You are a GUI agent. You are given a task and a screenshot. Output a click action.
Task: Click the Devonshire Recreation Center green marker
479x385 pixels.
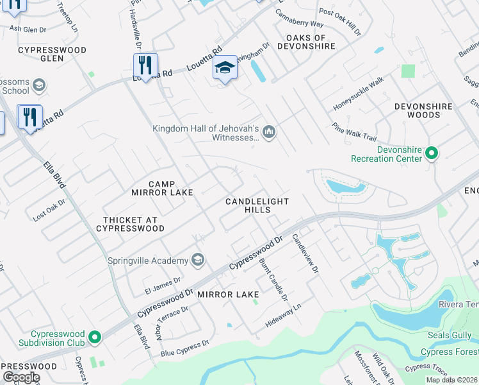pos(432,153)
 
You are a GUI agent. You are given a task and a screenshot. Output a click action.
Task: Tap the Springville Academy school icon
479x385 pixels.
pos(198,260)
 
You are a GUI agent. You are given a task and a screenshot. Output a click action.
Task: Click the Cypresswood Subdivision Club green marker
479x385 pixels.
pos(95,337)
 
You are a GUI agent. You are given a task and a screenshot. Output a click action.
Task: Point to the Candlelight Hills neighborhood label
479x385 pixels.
pos(257,205)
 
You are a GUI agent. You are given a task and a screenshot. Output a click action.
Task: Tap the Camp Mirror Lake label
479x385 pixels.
pos(153,188)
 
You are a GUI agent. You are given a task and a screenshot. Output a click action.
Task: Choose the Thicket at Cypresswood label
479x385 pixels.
pos(130,224)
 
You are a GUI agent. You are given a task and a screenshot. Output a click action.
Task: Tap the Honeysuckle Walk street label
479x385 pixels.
pos(358,93)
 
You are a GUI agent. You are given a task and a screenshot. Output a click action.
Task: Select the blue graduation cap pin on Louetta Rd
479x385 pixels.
pos(225,68)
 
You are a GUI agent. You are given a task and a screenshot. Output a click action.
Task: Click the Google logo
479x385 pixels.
pos(21,377)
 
